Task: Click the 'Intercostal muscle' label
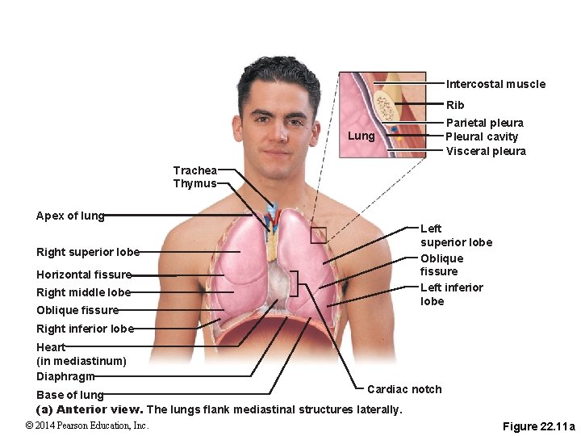point(495,84)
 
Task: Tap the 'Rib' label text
point(455,105)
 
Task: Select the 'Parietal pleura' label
point(485,123)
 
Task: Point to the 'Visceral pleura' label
point(486,151)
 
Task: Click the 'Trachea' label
point(195,170)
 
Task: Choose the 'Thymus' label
point(194,183)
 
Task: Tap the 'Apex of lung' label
point(70,216)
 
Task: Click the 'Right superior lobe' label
point(88,252)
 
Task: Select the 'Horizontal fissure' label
point(84,275)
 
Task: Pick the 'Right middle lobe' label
point(83,292)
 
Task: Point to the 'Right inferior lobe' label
point(85,329)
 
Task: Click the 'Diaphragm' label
point(65,376)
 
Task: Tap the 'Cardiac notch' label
point(404,389)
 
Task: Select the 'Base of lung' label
point(70,395)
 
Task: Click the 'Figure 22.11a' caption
point(538,426)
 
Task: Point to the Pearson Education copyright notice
point(87,426)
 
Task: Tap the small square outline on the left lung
point(319,235)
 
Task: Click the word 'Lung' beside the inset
point(362,136)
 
